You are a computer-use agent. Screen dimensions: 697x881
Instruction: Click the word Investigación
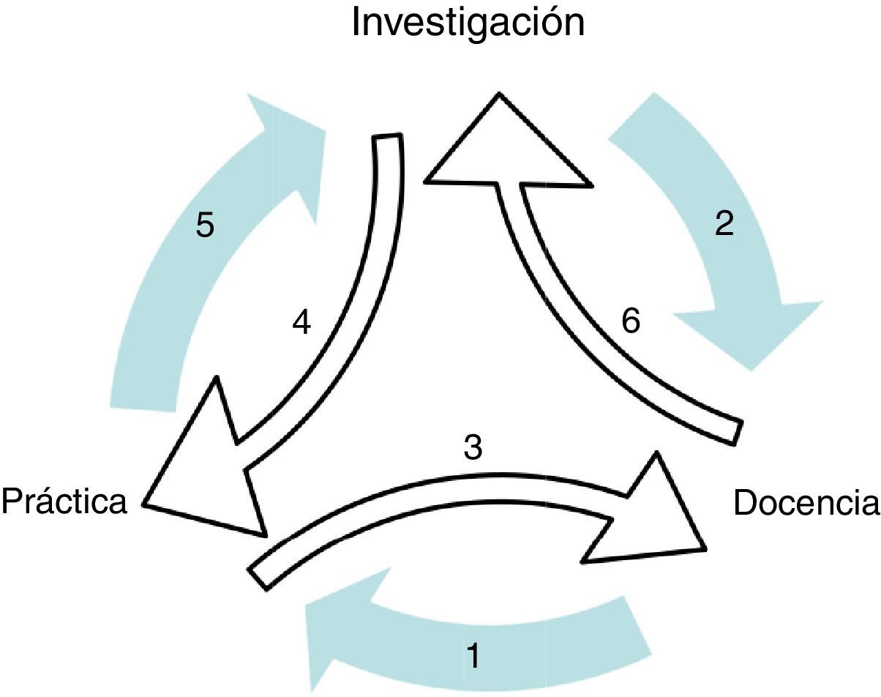tap(468, 22)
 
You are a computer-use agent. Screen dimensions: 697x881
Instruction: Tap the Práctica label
tap(64, 502)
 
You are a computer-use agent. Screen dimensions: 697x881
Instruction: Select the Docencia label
tap(805, 503)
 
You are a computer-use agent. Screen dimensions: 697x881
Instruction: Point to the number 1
tap(474, 655)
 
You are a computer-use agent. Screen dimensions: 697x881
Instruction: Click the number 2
tap(723, 224)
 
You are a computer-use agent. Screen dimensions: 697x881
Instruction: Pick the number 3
tap(473, 447)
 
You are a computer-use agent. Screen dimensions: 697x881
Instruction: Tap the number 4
tap(302, 323)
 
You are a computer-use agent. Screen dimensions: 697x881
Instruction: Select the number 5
tap(205, 225)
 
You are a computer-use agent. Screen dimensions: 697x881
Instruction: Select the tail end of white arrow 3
tap(260, 575)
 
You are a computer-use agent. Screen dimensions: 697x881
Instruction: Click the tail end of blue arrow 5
tap(144, 388)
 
